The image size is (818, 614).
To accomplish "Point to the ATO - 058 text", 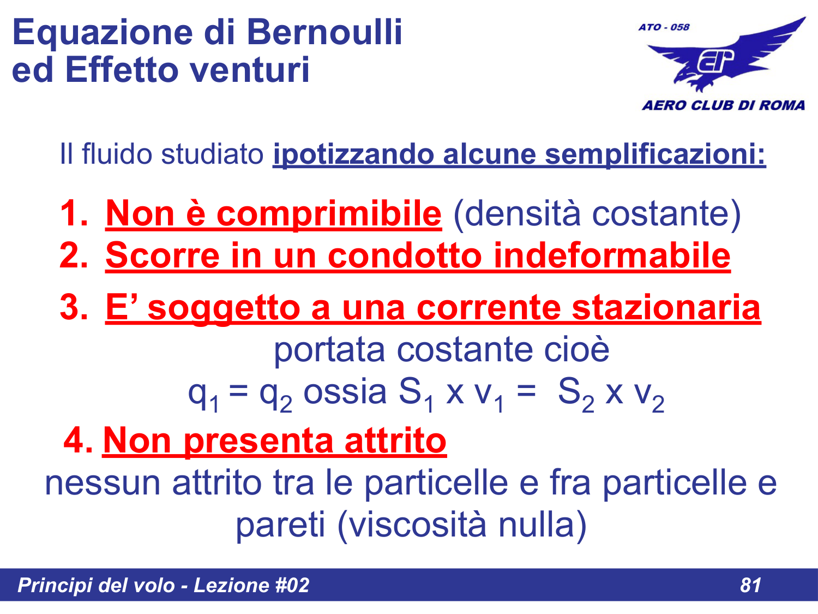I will point(664,27).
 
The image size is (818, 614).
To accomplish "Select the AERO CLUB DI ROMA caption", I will point(723,105).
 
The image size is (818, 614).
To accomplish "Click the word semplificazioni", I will point(655,154).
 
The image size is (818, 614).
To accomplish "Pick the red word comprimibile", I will point(329,213).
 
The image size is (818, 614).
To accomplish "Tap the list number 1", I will point(73,213).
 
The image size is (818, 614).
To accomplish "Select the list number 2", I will point(73,255).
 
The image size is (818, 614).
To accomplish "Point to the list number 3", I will point(73,307).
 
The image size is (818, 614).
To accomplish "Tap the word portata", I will point(329,349).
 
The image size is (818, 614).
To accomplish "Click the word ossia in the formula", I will point(345,392).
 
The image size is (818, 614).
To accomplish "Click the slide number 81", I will point(750,585).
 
